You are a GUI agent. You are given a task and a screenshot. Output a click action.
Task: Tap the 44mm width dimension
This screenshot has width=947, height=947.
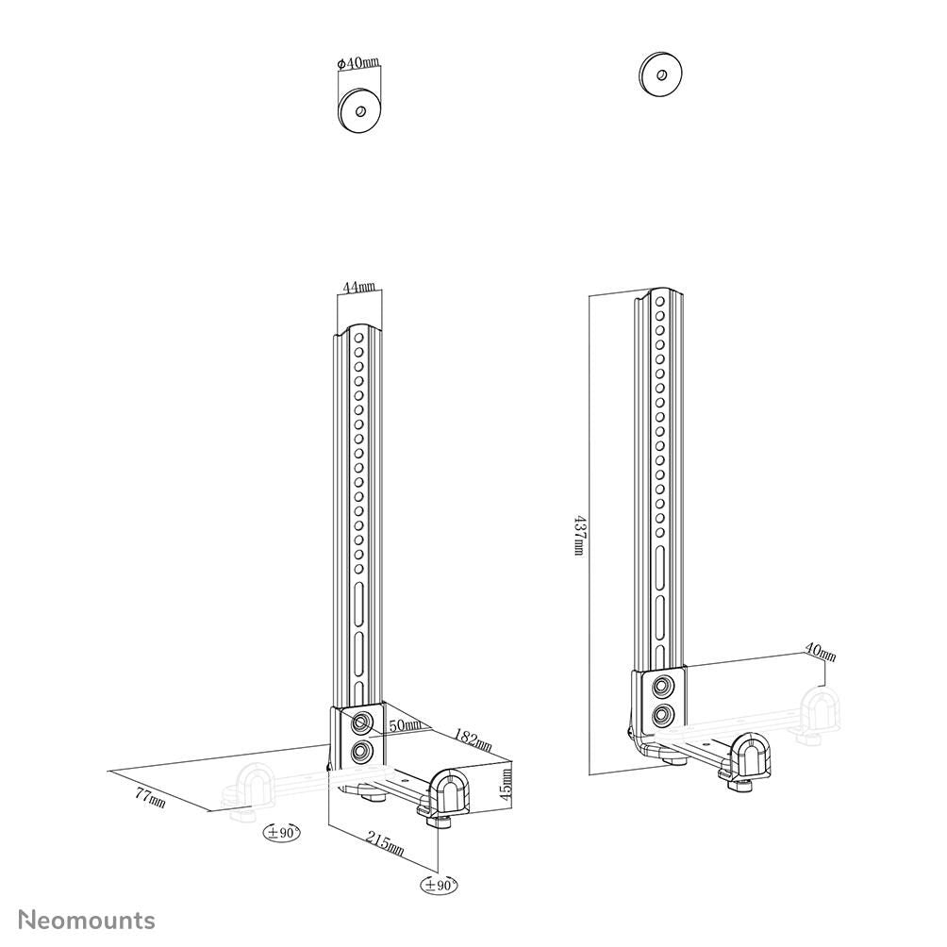click(x=359, y=287)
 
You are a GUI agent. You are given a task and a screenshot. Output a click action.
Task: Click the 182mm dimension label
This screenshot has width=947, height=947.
click(x=473, y=739)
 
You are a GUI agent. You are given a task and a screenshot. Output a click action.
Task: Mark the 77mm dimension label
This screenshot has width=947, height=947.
click(x=150, y=797)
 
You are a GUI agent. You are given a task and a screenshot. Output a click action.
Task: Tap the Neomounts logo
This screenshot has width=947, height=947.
click(x=87, y=920)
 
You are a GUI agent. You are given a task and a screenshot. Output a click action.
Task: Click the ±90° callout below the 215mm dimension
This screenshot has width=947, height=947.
click(x=440, y=885)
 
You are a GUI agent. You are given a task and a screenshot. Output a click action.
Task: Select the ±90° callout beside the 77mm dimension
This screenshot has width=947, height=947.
click(x=281, y=832)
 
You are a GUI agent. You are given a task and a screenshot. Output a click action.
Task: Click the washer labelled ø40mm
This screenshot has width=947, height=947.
click(x=358, y=109)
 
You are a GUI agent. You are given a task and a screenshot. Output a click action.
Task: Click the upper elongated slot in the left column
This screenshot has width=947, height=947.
click(x=359, y=600)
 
